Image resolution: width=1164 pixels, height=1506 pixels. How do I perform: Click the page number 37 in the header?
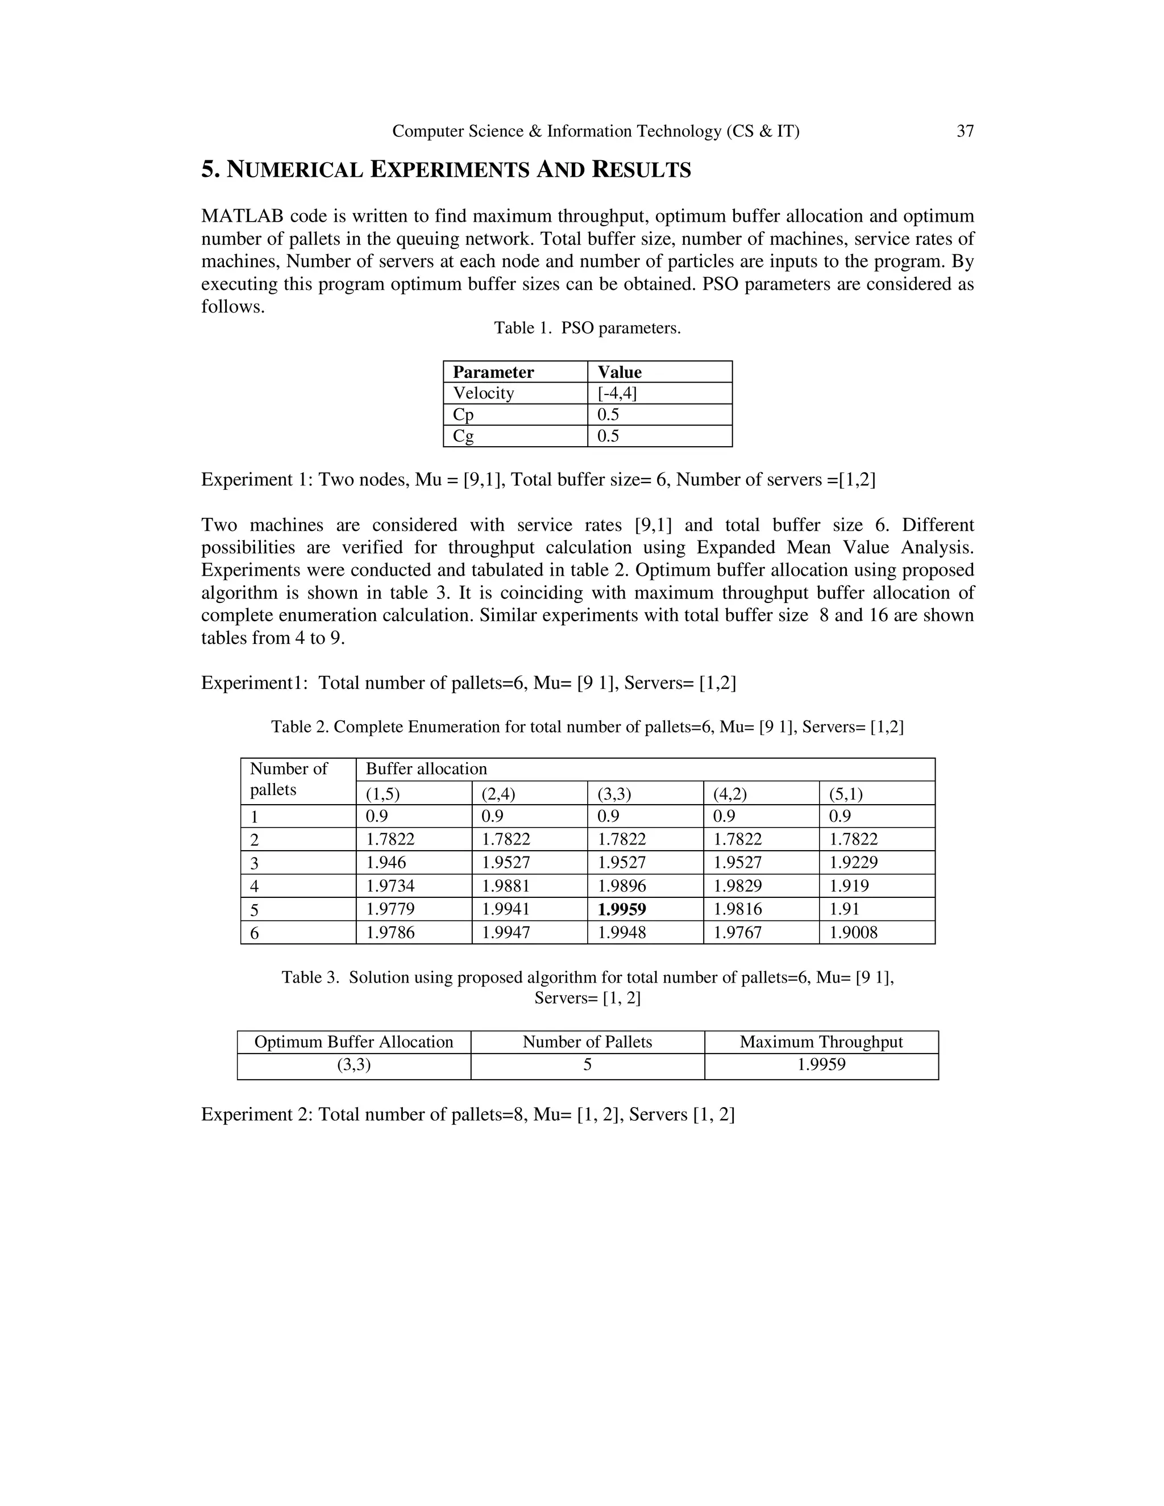965,131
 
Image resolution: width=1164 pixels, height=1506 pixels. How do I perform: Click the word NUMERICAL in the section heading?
295,169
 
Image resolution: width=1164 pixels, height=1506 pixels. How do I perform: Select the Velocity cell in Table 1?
484,393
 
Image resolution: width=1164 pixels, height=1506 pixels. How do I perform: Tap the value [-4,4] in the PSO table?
617,393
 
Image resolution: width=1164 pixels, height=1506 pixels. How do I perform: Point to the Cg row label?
463,436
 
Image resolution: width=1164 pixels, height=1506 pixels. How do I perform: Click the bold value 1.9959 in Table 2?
621,909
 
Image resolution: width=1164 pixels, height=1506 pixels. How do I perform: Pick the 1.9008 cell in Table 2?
853,932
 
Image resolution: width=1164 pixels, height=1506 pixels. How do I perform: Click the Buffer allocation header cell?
426,769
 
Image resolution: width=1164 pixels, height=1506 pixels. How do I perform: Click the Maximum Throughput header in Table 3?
821,1042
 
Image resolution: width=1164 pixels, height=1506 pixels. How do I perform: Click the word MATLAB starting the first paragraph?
242,217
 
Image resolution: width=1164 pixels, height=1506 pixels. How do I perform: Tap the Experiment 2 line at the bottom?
468,1115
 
